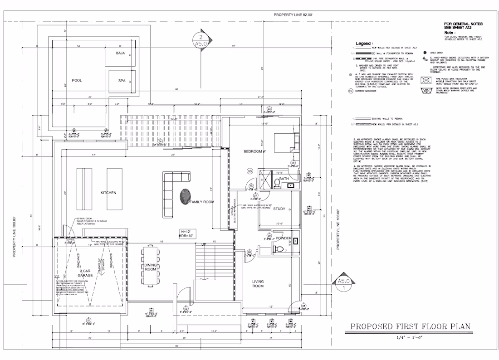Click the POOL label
click(x=77, y=80)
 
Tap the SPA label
click(x=122, y=81)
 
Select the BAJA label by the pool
click(x=120, y=53)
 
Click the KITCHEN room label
click(x=108, y=193)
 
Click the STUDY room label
click(x=279, y=209)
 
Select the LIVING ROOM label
click(x=258, y=284)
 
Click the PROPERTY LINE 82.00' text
click(x=293, y=15)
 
